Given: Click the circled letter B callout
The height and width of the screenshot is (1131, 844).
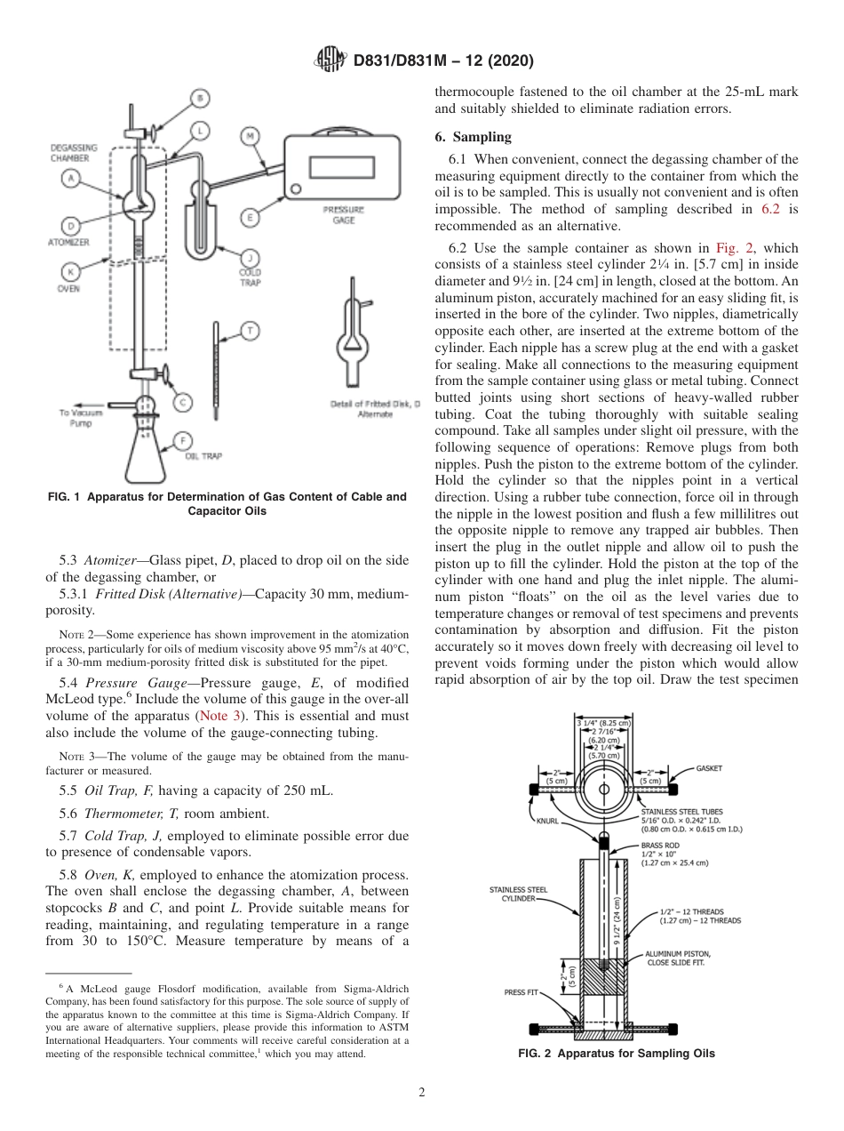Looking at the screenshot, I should (201, 98).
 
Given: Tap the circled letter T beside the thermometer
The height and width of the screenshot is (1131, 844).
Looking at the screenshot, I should (251, 331).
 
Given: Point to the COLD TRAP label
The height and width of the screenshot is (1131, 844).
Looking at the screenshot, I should (250, 277).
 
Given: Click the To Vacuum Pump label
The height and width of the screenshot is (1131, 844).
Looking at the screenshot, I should (81, 418).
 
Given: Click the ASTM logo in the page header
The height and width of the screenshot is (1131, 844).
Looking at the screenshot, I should (329, 61).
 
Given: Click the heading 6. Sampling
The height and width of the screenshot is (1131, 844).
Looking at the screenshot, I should (485, 137).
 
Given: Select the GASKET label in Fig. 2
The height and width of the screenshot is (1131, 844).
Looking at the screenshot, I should (708, 767).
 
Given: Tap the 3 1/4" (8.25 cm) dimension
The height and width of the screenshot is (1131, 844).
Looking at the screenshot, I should (603, 723).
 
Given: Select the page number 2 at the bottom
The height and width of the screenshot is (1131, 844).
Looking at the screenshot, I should (422, 1093).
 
